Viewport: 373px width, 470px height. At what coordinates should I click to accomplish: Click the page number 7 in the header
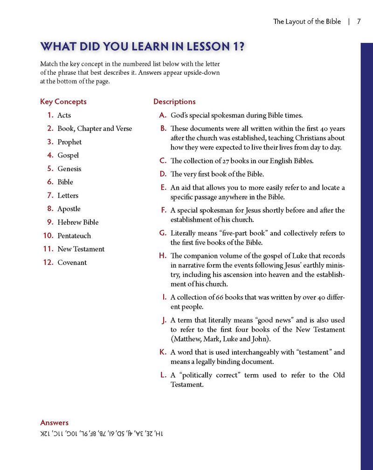coord(359,21)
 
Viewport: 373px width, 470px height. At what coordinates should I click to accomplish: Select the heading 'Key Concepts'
coord(63,101)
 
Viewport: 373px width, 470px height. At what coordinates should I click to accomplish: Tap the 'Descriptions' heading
coord(174,101)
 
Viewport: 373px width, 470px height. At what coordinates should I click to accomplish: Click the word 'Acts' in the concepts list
coord(64,115)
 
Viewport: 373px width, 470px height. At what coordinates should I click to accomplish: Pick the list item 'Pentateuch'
coord(74,235)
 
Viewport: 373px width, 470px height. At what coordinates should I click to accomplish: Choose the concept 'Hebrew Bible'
coord(78,222)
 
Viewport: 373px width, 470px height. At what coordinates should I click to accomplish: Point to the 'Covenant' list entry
coord(73,263)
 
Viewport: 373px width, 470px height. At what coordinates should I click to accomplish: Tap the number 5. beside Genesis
coord(50,169)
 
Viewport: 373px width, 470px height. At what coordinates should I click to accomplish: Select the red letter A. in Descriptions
coord(163,115)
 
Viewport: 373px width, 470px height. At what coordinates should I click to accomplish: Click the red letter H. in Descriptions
coord(163,256)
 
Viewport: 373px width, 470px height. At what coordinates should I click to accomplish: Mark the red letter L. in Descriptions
coord(163,375)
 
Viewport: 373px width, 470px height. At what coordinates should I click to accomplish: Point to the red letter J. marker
coord(164,320)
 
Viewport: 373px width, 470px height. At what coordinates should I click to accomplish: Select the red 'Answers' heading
coord(54,422)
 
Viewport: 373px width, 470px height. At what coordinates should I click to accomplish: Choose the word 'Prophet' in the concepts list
coord(69,142)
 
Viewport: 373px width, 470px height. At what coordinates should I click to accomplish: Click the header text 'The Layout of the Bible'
coord(307,21)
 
